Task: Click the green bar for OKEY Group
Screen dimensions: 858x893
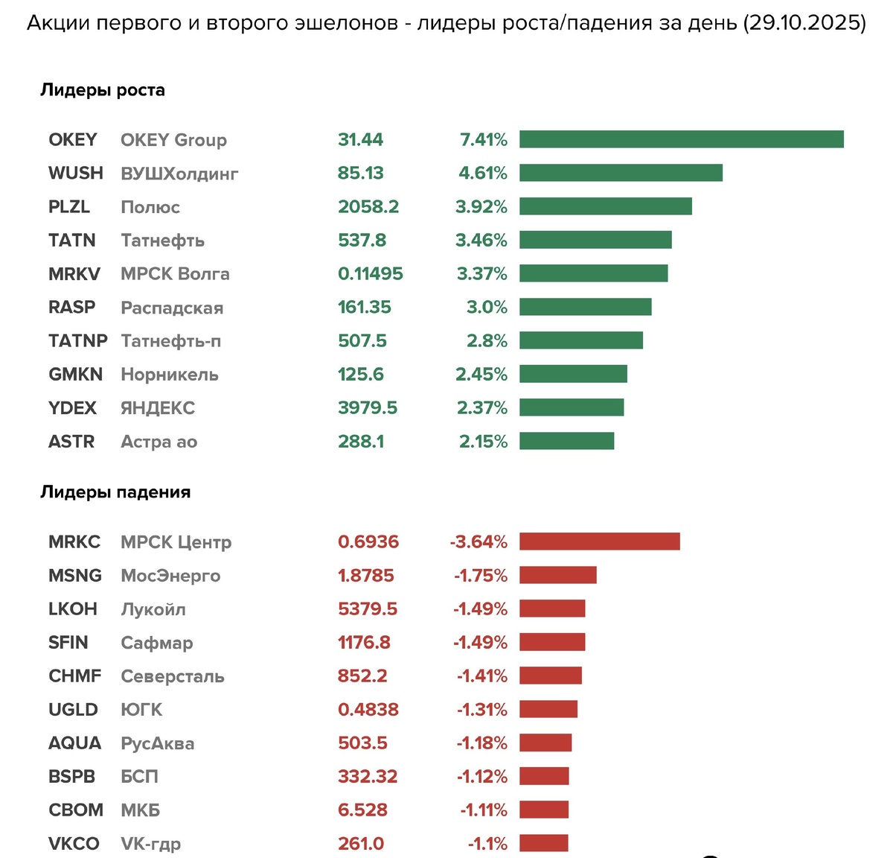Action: [x=681, y=139]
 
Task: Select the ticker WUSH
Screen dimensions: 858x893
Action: [x=75, y=173]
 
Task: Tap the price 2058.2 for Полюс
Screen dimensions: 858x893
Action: [x=368, y=206]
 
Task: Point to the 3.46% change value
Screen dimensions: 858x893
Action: [x=482, y=240]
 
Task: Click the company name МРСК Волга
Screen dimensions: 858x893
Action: [x=175, y=274]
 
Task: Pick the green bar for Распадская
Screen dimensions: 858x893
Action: [x=585, y=307]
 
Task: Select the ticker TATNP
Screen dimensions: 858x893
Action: [x=77, y=340]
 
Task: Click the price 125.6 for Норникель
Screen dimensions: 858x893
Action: [x=361, y=374]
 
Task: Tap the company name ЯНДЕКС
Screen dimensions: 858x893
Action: [x=158, y=408]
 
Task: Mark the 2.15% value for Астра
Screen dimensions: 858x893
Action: [x=483, y=442]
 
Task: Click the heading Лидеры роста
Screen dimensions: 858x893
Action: [x=103, y=90]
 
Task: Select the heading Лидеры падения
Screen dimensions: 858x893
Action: [x=115, y=492]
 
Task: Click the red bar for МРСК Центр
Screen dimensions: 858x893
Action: [x=599, y=541]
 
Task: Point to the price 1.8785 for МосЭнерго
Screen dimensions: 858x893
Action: [x=366, y=576]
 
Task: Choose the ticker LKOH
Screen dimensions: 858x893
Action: [x=73, y=609]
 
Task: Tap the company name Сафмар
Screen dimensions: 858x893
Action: [x=156, y=643]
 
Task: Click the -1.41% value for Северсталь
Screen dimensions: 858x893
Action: [x=481, y=676]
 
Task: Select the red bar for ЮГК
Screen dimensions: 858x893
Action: [x=548, y=709]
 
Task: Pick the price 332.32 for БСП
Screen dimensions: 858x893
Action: [x=368, y=777]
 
